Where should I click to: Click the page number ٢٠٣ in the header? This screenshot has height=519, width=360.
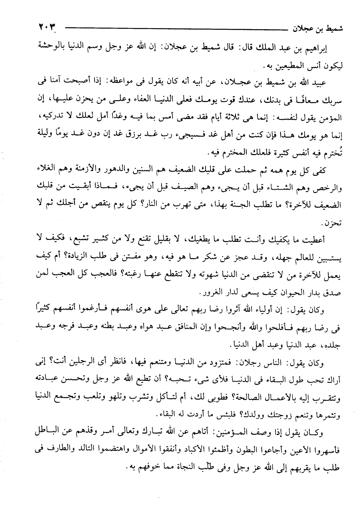pyautogui.click(x=46, y=28)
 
